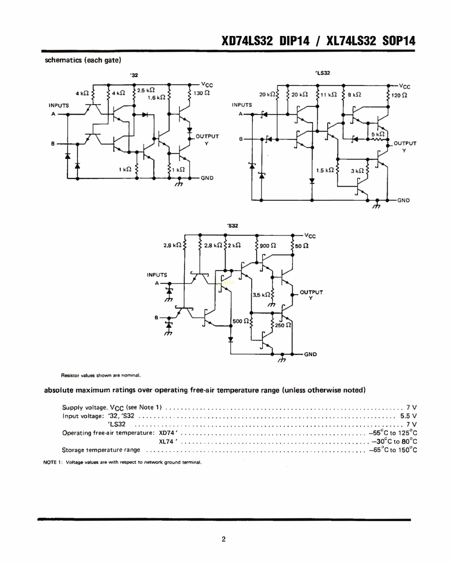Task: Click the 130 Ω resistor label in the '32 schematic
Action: click(x=201, y=93)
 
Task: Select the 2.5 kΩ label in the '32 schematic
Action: click(x=146, y=90)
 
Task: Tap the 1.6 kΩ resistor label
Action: click(x=156, y=98)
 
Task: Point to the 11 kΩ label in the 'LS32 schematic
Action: click(x=328, y=95)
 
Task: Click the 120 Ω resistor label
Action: click(x=399, y=95)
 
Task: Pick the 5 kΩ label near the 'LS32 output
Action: click(x=378, y=134)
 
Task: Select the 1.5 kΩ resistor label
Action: click(x=325, y=170)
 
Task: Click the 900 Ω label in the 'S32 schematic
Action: click(x=268, y=246)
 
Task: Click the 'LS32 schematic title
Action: click(x=323, y=73)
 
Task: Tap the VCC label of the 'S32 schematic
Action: click(x=310, y=236)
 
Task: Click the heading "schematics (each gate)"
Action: click(x=83, y=60)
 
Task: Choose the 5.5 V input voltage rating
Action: click(x=408, y=416)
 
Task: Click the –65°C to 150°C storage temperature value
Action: click(x=393, y=450)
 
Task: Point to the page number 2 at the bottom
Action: click(x=224, y=539)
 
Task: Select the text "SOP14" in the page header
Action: click(x=399, y=41)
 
